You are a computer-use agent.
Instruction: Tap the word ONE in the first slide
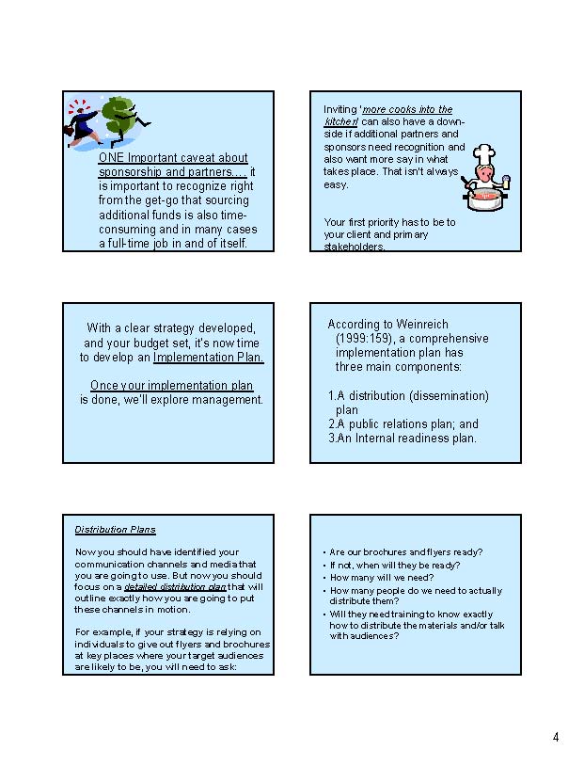click(x=112, y=158)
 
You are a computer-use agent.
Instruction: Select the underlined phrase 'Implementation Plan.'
click(x=209, y=358)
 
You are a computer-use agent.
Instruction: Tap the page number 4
click(x=556, y=737)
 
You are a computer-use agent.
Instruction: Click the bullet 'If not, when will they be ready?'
click(x=395, y=566)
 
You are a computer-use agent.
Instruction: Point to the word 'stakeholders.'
click(x=355, y=247)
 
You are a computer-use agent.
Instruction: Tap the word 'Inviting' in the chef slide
click(x=339, y=110)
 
